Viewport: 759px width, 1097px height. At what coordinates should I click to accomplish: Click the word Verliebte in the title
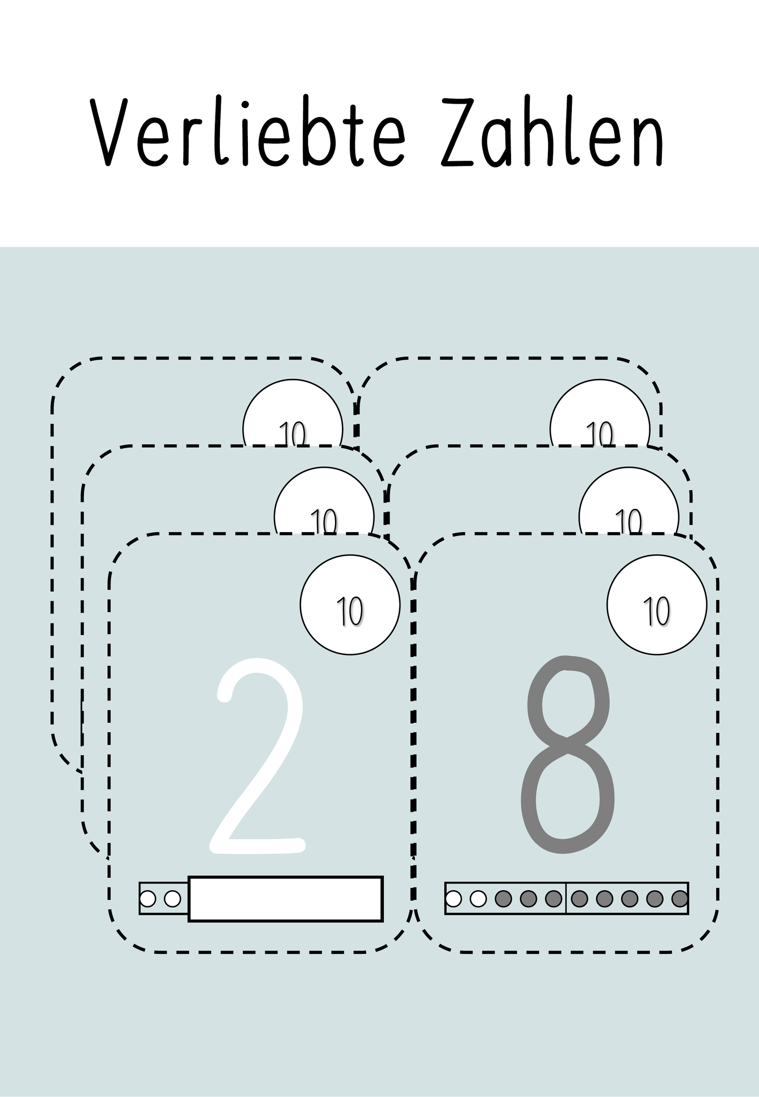tap(250, 132)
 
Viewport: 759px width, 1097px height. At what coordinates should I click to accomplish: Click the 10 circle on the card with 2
tap(350, 604)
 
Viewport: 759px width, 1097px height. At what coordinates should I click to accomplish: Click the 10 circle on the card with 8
tap(656, 604)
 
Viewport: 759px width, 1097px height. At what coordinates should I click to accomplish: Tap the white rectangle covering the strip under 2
tap(285, 898)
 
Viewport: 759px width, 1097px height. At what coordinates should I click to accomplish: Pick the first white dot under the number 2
tap(148, 898)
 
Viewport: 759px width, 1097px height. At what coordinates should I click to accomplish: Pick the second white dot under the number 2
tap(172, 898)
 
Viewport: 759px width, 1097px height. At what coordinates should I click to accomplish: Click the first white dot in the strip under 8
tap(454, 898)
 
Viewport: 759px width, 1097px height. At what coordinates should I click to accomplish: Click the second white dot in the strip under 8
tap(478, 898)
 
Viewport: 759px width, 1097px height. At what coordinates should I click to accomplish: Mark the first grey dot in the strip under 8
tap(503, 898)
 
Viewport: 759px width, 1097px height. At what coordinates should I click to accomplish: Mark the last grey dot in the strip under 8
tap(679, 898)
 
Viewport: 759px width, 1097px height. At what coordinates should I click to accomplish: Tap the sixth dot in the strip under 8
tap(579, 898)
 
